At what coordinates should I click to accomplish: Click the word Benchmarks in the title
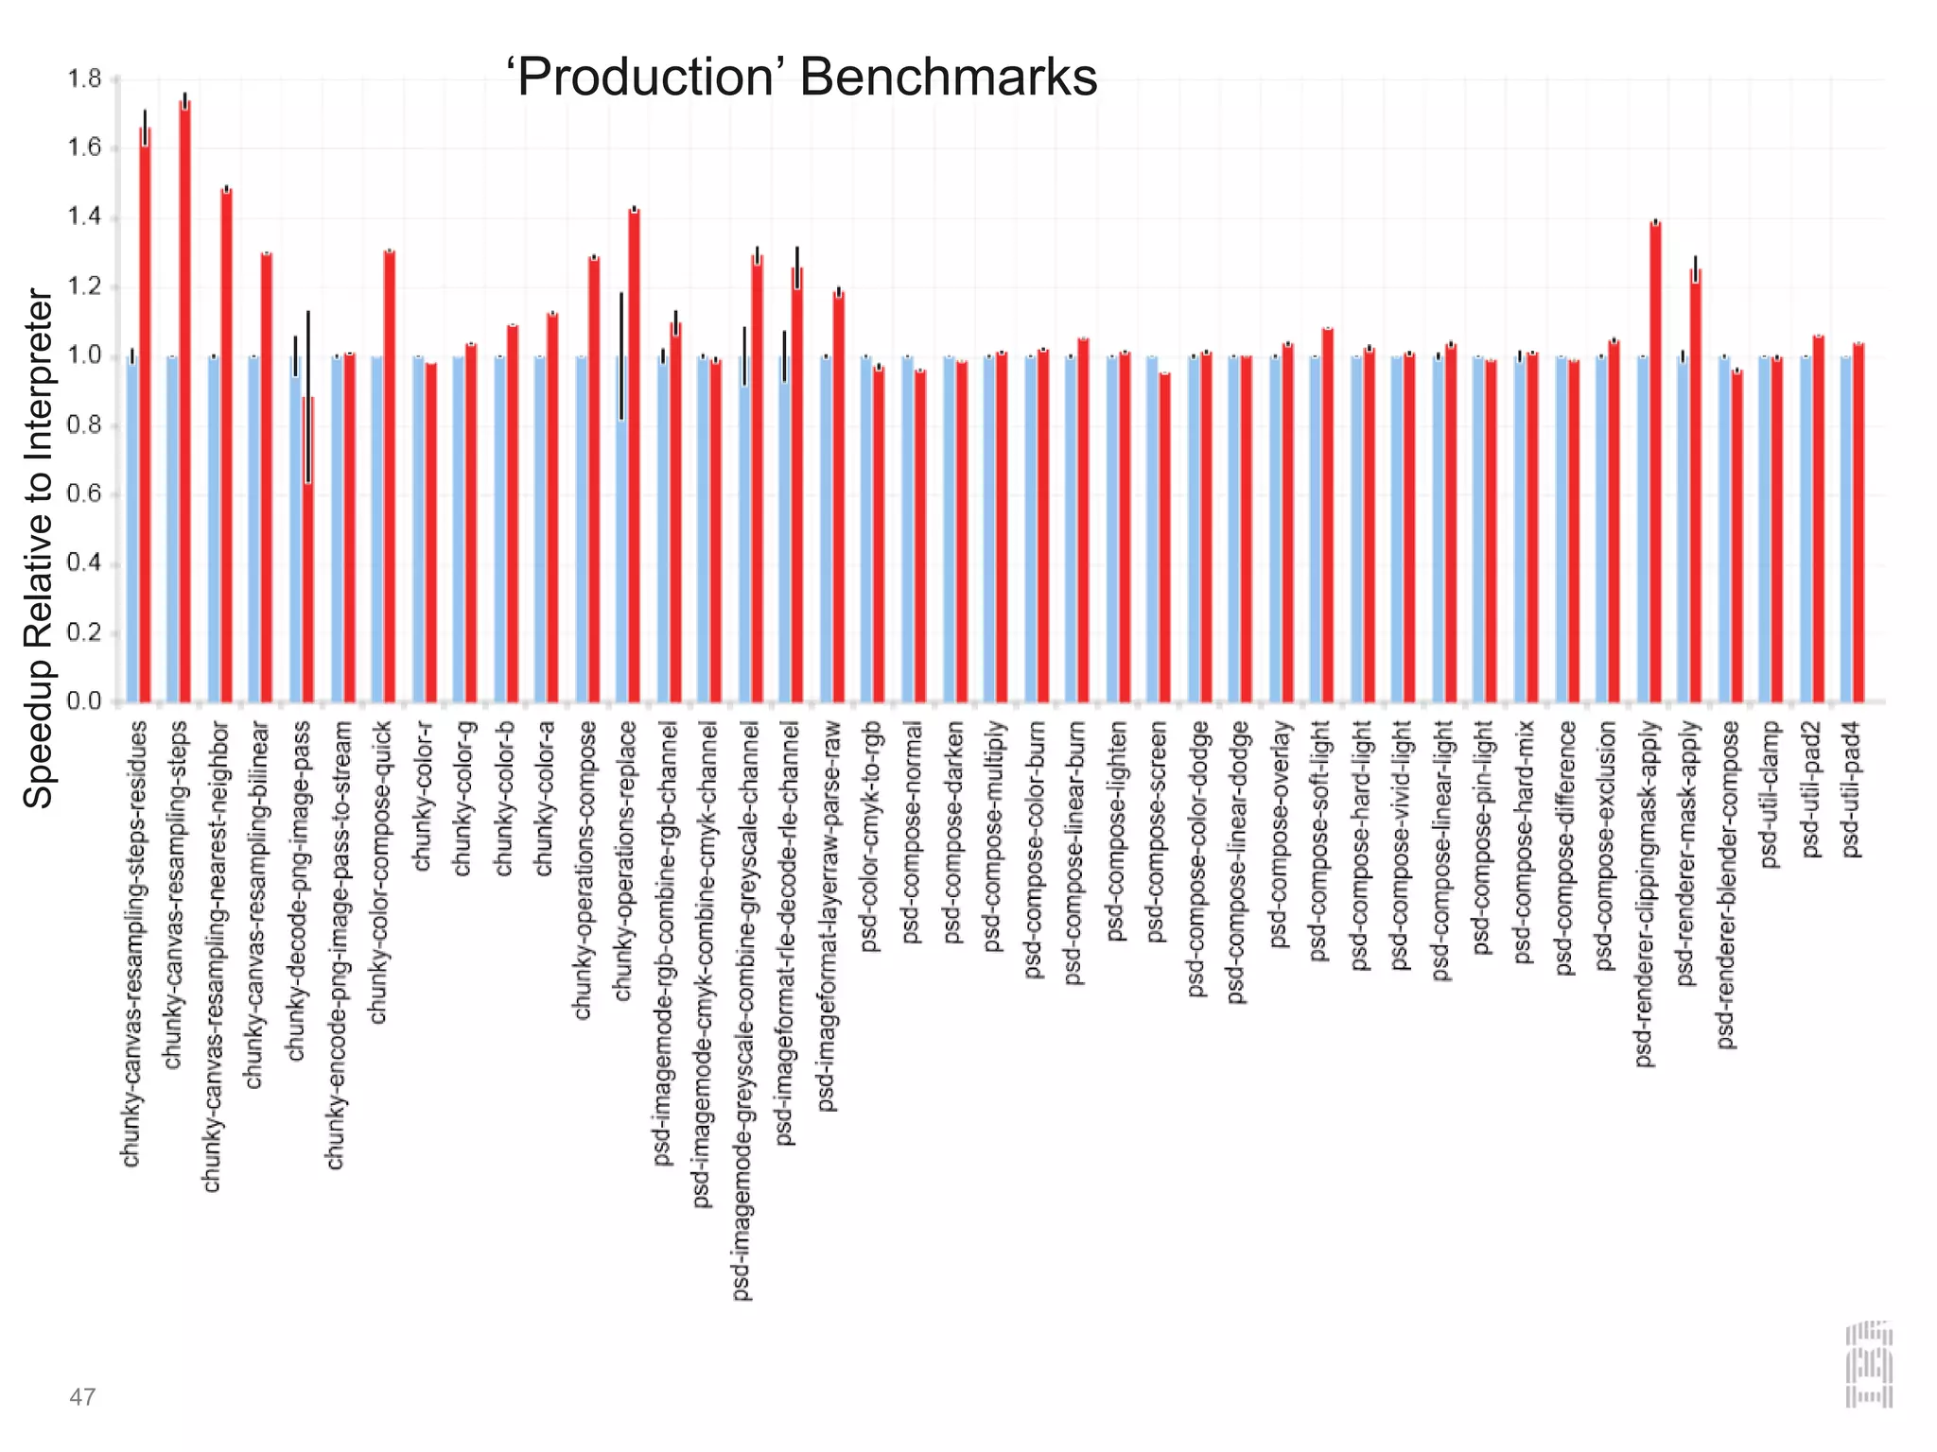pyautogui.click(x=948, y=78)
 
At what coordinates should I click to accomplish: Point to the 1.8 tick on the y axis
pyautogui.click(x=84, y=79)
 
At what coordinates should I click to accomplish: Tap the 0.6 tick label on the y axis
pyautogui.click(x=84, y=494)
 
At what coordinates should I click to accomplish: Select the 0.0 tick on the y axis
pyautogui.click(x=84, y=701)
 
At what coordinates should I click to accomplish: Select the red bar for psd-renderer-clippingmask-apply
pyautogui.click(x=1655, y=463)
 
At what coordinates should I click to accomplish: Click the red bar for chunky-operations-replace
pyautogui.click(x=634, y=454)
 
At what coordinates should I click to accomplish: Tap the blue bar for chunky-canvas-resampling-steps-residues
pyautogui.click(x=132, y=529)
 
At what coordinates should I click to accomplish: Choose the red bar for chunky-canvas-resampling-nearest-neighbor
pyautogui.click(x=226, y=444)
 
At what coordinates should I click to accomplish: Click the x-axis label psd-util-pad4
pyautogui.click(x=1851, y=790)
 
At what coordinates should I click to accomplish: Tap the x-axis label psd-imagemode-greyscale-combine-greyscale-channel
pyautogui.click(x=743, y=1010)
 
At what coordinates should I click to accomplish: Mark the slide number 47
pyautogui.click(x=82, y=1396)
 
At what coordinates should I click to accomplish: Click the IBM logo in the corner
pyautogui.click(x=1869, y=1364)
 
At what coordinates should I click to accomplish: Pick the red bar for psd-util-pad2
pyautogui.click(x=1818, y=520)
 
